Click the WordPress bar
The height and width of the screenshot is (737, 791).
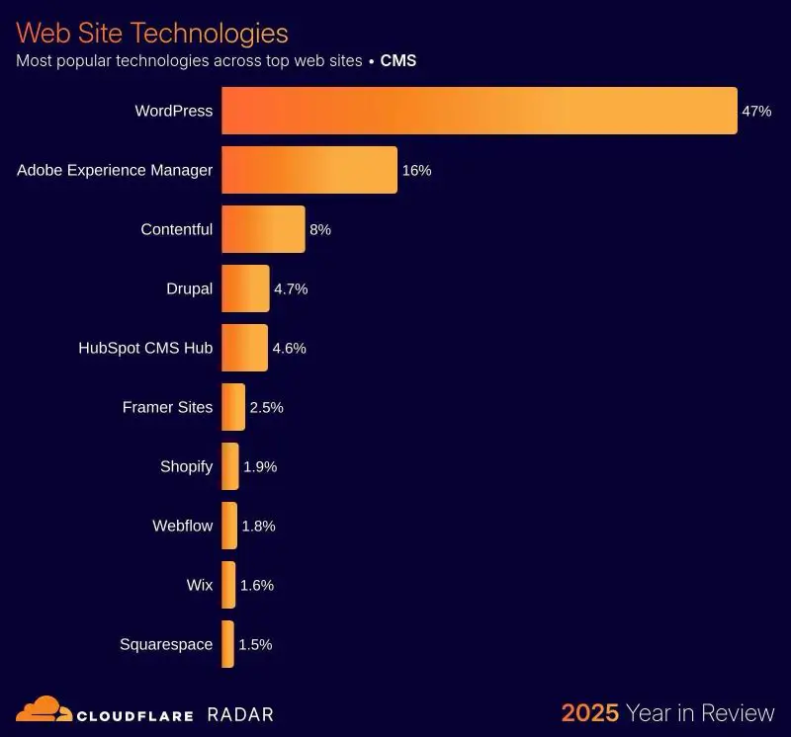point(479,111)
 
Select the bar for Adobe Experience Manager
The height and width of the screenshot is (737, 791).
point(308,170)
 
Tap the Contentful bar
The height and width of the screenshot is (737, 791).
point(263,229)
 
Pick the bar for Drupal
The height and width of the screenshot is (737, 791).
point(245,288)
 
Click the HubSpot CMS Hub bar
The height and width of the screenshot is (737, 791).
point(244,348)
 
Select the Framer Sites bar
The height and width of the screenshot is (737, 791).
point(233,407)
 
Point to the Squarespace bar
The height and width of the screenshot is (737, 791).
point(227,644)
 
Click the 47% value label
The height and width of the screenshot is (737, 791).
point(755,111)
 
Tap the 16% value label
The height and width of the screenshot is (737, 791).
point(416,170)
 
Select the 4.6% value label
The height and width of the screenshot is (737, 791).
point(289,348)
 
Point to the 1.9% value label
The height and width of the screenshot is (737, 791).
point(260,466)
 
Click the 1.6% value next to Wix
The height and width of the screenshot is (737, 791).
point(256,585)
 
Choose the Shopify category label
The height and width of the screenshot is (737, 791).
point(186,466)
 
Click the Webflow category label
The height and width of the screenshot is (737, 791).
point(182,526)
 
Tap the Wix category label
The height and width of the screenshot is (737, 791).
point(199,585)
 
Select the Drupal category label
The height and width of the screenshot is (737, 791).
point(189,288)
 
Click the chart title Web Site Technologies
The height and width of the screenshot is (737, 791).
point(152,33)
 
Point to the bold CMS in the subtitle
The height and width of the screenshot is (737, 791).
point(398,60)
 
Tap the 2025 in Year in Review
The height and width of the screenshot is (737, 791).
point(590,712)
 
